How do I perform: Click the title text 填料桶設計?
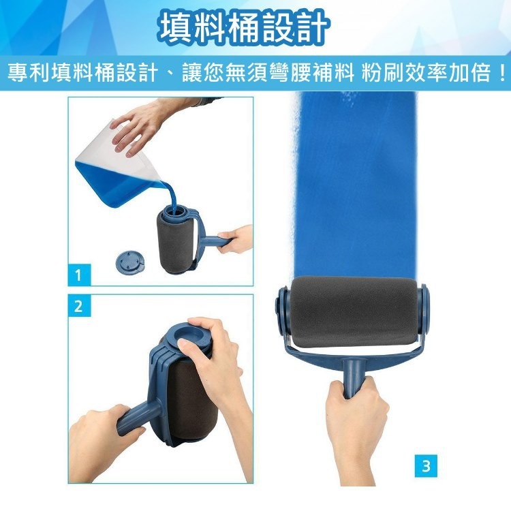(243, 29)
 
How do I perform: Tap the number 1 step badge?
(79, 275)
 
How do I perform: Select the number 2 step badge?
(79, 306)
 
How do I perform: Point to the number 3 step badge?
(426, 466)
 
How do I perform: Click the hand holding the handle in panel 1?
(235, 239)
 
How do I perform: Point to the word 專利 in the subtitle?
(29, 73)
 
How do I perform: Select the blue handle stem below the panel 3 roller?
(354, 378)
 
